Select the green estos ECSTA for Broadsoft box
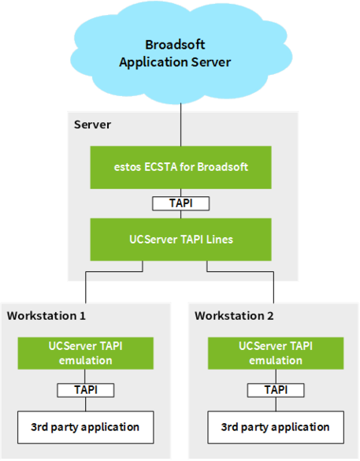click(x=180, y=167)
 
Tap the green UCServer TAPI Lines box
click(x=180, y=240)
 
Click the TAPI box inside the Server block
click(x=180, y=203)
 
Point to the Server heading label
click(x=92, y=125)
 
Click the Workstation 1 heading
click(x=46, y=316)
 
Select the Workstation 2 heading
click(x=234, y=316)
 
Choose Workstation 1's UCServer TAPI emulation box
click(x=86, y=353)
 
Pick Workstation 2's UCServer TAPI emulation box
click(x=276, y=353)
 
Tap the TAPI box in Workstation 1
click(x=86, y=390)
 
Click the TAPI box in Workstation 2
click(x=276, y=390)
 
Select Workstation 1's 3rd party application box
click(x=86, y=427)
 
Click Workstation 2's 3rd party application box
click(x=276, y=427)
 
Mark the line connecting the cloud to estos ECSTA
click(x=180, y=125)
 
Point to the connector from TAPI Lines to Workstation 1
click(x=114, y=271)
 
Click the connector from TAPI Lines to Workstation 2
click(x=240, y=271)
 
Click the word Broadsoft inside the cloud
click(x=175, y=45)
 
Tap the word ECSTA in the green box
click(x=161, y=167)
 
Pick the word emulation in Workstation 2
click(x=276, y=360)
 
